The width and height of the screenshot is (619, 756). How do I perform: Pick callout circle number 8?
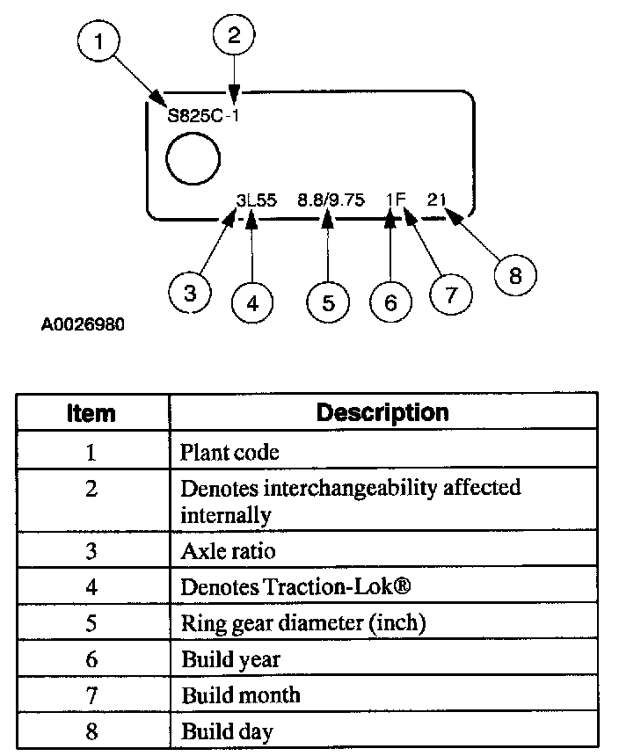(x=515, y=275)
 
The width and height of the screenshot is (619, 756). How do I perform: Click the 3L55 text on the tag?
(x=257, y=200)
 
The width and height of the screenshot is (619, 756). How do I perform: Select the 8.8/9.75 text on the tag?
(x=330, y=200)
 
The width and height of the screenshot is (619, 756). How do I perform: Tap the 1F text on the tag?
(x=395, y=200)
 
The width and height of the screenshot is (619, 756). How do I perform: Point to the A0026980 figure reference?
(x=83, y=324)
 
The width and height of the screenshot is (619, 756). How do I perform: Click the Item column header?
(x=91, y=412)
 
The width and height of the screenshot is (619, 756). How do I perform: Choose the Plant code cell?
(x=229, y=453)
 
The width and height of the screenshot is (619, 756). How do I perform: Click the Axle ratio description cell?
(x=228, y=551)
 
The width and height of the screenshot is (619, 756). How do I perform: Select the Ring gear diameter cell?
(x=303, y=623)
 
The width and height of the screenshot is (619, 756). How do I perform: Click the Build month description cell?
(x=241, y=695)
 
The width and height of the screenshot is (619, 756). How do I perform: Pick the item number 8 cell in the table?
(x=91, y=731)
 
